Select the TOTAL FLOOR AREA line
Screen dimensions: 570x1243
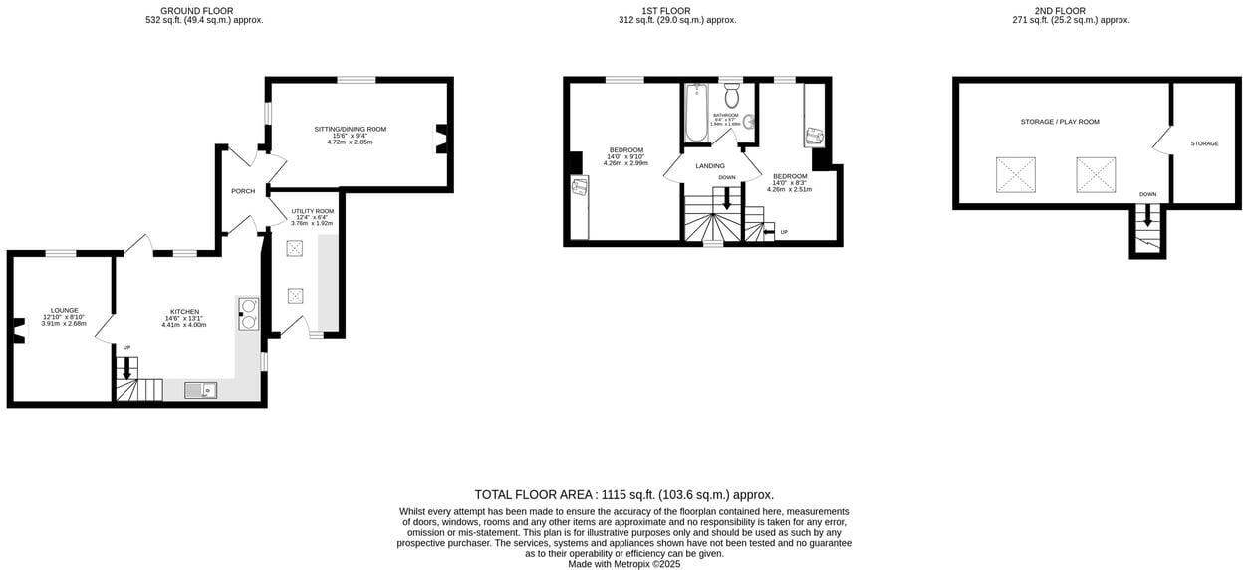tap(623, 494)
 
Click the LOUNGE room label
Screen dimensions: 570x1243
tap(64, 310)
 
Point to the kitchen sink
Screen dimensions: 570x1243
tap(198, 390)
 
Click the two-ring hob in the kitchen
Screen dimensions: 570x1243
tap(247, 314)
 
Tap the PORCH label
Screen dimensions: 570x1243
tap(243, 191)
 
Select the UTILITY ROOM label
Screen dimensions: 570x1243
tap(312, 211)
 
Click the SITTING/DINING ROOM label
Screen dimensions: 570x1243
tap(350, 129)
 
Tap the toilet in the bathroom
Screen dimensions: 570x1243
tap(732, 96)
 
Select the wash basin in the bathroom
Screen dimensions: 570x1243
tap(749, 123)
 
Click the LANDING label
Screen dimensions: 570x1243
tap(710, 166)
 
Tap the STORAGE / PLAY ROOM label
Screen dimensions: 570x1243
tap(1060, 122)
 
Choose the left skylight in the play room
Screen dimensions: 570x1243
tap(1016, 175)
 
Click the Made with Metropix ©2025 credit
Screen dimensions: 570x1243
tap(623, 563)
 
